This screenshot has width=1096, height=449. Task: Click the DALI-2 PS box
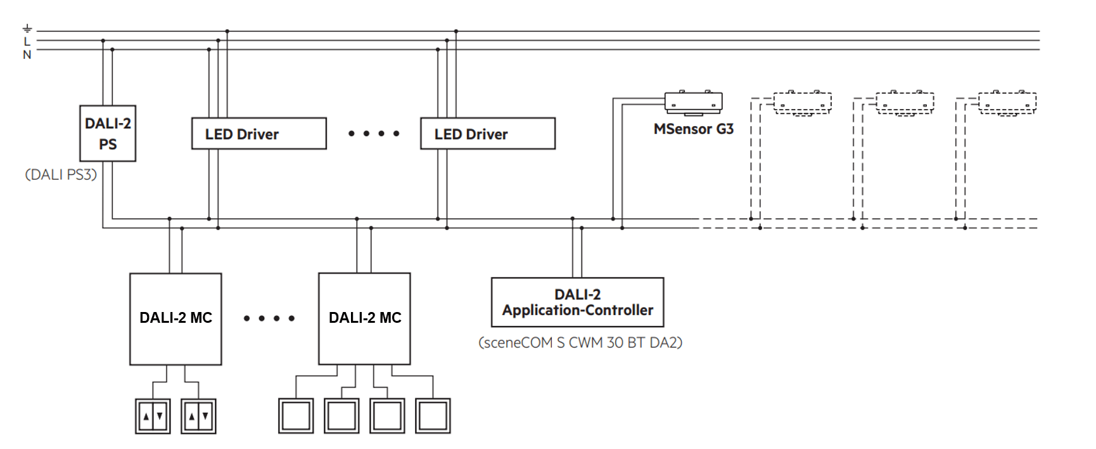click(108, 133)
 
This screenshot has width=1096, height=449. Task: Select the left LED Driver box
click(258, 133)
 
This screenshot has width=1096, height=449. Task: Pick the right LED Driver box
click(487, 133)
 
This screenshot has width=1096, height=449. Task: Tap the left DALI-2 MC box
click(175, 318)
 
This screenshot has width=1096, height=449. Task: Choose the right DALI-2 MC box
click(364, 318)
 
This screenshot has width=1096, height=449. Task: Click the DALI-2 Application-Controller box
click(577, 302)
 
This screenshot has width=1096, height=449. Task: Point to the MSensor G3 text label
click(693, 129)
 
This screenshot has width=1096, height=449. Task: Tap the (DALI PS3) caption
click(61, 175)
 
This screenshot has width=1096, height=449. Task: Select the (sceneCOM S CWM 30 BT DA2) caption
click(580, 343)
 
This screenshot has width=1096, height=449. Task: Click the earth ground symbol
click(27, 29)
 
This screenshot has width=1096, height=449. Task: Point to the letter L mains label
click(27, 42)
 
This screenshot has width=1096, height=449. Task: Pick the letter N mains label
click(27, 55)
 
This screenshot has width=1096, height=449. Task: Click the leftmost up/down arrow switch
click(153, 416)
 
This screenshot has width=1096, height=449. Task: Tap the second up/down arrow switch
click(198, 416)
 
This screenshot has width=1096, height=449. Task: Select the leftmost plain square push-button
click(296, 416)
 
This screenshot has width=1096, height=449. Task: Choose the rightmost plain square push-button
click(433, 416)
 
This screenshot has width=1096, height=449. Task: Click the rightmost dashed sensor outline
click(1007, 103)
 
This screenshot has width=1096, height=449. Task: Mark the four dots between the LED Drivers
click(374, 134)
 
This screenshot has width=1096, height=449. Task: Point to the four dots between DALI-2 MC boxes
click(269, 318)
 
